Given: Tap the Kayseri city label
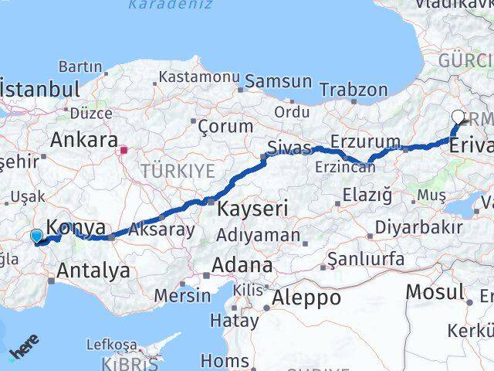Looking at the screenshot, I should [x=252, y=208].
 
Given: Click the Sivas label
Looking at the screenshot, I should [x=289, y=147].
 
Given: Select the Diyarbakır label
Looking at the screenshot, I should [x=417, y=228].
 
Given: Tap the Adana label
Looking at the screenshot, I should [x=243, y=266].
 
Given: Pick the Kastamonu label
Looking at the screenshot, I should [x=200, y=77].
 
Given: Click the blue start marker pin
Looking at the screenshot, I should [x=36, y=237].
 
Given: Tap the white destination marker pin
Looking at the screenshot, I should [x=458, y=118].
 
